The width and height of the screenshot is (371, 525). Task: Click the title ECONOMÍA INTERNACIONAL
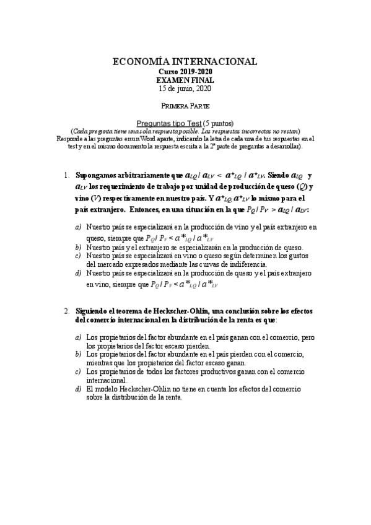pyautogui.click(x=185, y=62)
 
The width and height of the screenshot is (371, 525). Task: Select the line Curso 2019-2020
pyautogui.click(x=185, y=72)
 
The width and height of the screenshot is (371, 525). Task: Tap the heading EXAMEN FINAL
pyautogui.click(x=185, y=80)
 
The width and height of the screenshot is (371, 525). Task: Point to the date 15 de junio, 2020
pyautogui.click(x=185, y=89)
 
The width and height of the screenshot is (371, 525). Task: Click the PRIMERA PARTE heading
pyautogui.click(x=185, y=106)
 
